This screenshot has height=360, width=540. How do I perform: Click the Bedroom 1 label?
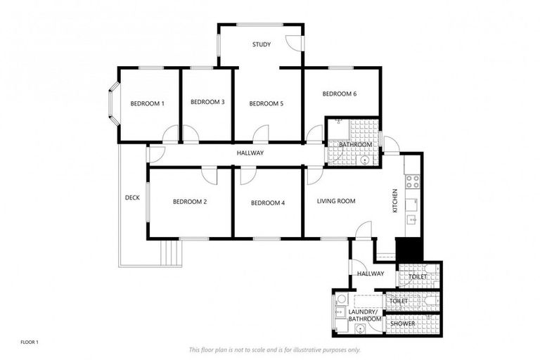147,104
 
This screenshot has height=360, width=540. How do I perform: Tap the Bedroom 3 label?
207,102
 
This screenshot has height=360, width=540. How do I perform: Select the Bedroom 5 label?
266,104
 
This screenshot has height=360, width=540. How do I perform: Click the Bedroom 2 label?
190,202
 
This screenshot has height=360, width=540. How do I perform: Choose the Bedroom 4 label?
268,203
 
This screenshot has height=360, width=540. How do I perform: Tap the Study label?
262,45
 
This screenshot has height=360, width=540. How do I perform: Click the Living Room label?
336,201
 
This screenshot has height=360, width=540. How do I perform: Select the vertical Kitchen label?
395,201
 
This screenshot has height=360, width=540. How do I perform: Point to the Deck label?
131,198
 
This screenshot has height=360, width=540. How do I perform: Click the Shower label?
403,323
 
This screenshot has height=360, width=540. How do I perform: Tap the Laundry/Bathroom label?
366,315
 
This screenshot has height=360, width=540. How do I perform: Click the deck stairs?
171,251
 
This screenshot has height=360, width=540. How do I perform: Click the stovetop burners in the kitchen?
413,181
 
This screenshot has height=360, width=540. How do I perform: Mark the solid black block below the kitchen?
409,250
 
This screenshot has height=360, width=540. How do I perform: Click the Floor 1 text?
29,342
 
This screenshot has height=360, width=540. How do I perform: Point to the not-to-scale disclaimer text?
274,349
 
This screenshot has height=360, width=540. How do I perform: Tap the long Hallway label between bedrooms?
250,153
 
